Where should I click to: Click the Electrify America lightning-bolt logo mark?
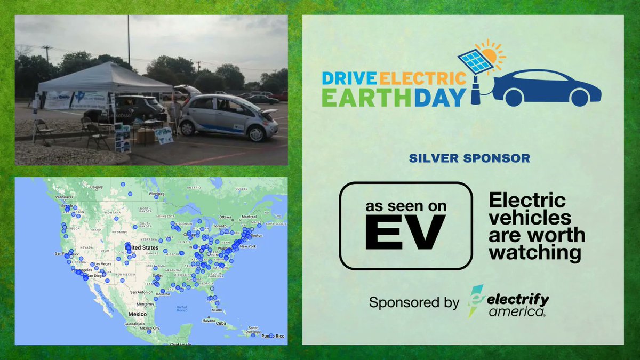475,301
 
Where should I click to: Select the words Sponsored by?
414,302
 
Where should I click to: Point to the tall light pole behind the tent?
129,40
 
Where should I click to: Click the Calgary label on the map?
97,187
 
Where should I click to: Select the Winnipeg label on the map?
156,194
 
